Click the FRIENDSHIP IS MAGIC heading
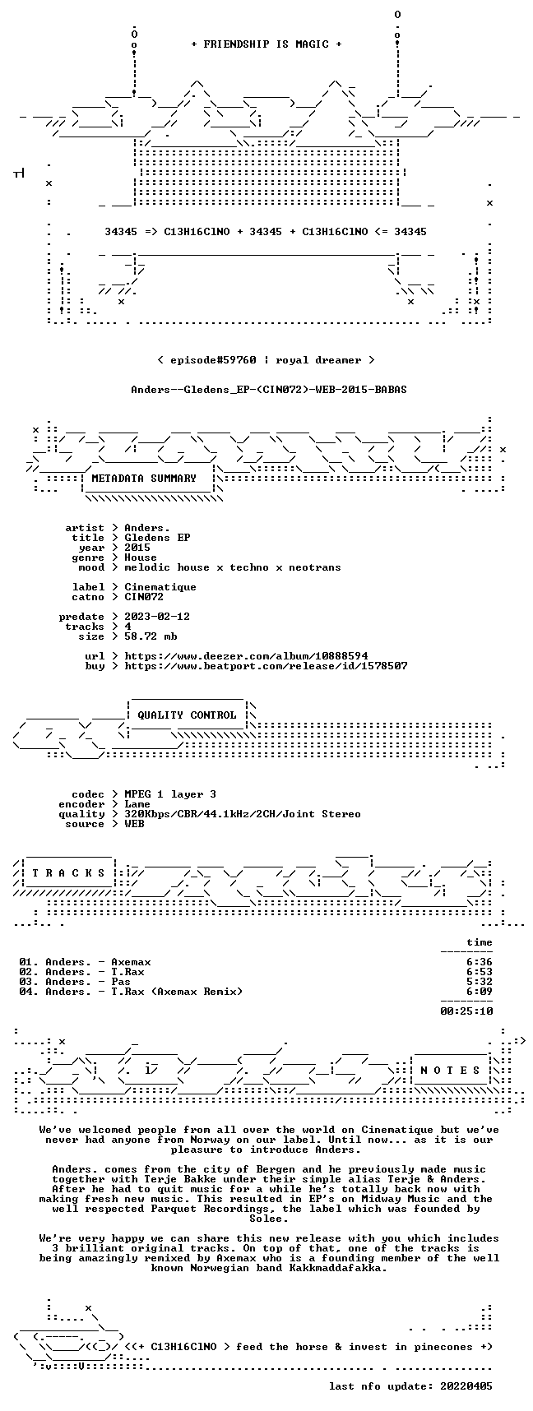[x=266, y=44]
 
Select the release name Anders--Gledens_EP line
[x=269, y=390]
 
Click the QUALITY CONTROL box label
[x=187, y=715]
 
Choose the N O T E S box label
[x=450, y=1071]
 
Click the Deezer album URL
[x=246, y=656]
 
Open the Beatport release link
[x=266, y=666]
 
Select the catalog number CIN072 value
[x=144, y=597]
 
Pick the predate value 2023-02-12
[x=157, y=617]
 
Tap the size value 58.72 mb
[x=151, y=636]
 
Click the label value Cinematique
[x=160, y=587]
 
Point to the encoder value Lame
[x=137, y=804]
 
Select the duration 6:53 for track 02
[x=480, y=972]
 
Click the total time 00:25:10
[x=466, y=1011]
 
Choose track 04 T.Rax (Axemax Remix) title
[x=177, y=992]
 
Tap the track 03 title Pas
[x=121, y=982]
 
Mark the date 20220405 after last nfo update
[x=466, y=1386]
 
